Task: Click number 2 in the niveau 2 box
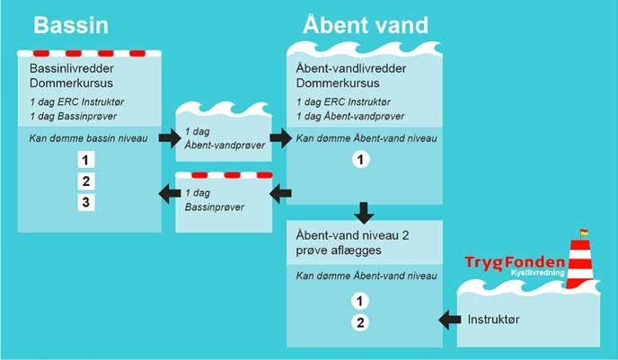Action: (x=360, y=321)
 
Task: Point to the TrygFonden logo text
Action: (x=515, y=261)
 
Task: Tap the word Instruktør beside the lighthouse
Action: (x=494, y=320)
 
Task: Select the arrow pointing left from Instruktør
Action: (x=449, y=320)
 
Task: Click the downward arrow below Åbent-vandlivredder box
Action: (x=364, y=214)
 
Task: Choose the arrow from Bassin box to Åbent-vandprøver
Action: (x=169, y=138)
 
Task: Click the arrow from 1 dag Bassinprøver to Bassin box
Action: (x=169, y=191)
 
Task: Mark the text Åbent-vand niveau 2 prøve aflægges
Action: (x=349, y=241)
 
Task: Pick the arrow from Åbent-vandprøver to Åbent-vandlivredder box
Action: (x=280, y=138)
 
